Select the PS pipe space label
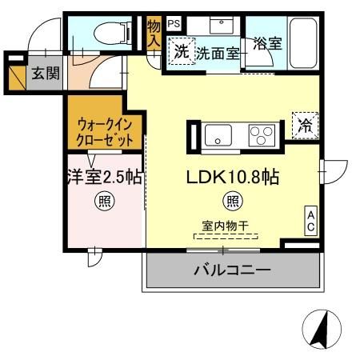tap(174, 24)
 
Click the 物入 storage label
tap(154, 34)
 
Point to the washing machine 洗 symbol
tap(181, 52)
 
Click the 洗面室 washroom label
tap(218, 54)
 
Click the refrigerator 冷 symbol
tap(305, 124)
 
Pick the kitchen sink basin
tap(218, 135)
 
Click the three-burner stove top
tap(260, 135)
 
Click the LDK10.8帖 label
tap(233, 178)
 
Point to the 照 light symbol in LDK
tap(232, 200)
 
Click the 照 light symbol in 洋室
tap(104, 200)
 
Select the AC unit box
tap(310, 221)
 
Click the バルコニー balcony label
tap(232, 270)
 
